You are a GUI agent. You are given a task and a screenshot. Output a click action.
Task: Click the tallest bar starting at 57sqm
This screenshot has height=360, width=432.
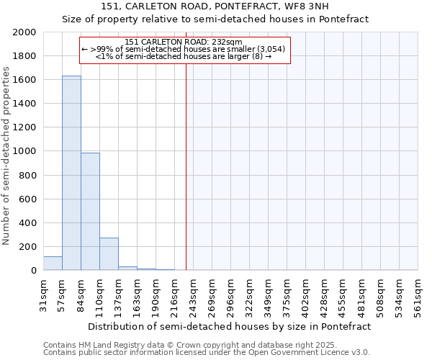(71, 173)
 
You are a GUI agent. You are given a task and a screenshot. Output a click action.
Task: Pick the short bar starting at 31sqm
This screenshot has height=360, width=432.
(53, 264)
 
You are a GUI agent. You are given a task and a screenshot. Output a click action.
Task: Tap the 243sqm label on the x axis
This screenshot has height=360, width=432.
(193, 294)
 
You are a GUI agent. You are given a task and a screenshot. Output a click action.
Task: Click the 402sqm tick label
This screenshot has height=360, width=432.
(305, 294)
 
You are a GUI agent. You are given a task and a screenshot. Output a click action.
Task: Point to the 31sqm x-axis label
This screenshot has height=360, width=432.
(43, 294)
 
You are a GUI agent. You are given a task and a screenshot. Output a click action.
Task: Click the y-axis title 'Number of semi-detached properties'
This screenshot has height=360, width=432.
(7, 156)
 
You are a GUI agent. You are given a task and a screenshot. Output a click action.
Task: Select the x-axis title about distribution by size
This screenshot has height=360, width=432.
(230, 326)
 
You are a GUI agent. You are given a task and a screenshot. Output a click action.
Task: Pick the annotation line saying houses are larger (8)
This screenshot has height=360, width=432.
(184, 56)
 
